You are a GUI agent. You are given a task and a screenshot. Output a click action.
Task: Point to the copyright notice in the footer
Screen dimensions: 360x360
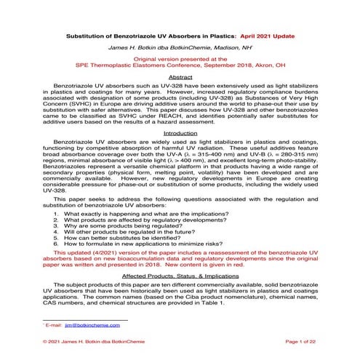point(84,340)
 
